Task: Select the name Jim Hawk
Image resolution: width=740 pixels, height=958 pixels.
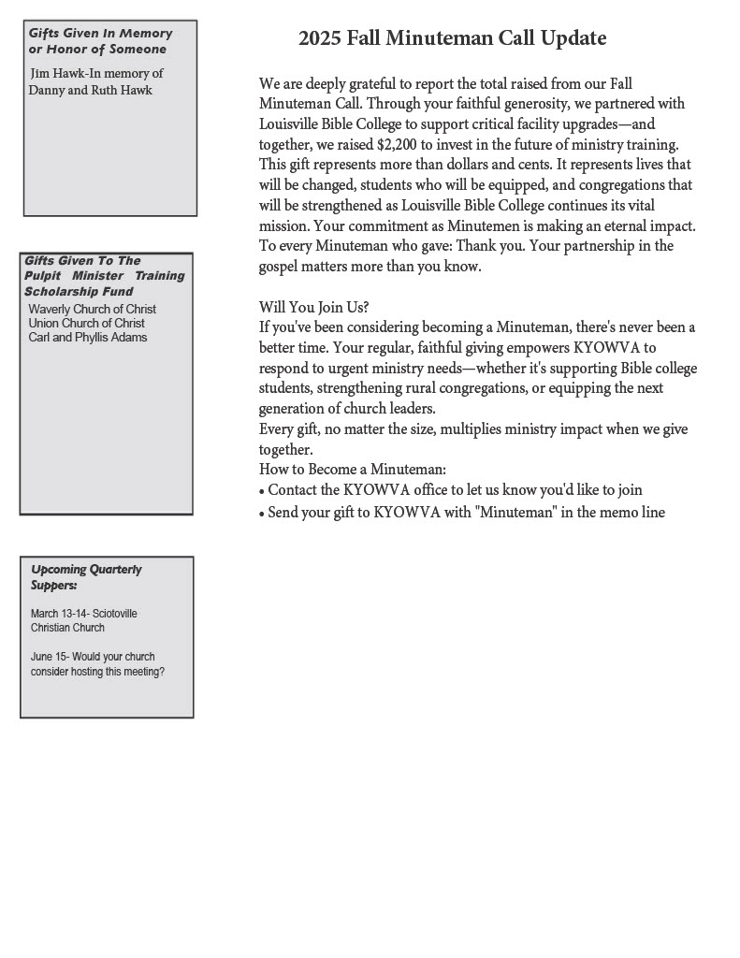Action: [57, 73]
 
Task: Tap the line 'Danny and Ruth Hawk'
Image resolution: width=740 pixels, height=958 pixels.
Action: [90, 91]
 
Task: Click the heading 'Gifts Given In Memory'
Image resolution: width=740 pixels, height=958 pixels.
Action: [100, 34]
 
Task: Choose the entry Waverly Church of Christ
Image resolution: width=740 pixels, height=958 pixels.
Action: [92, 309]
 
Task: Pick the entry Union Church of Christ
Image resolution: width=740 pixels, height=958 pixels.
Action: [86, 323]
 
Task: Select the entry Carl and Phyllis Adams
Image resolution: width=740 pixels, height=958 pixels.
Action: [87, 337]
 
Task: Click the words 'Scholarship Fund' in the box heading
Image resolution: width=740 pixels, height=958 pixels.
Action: [79, 291]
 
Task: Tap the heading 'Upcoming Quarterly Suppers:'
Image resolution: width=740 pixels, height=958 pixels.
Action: [86, 576]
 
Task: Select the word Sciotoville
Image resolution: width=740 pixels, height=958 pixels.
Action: [115, 614]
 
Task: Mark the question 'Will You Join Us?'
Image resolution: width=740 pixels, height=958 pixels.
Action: [313, 307]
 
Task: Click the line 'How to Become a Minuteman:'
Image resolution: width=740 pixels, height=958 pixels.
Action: [352, 470]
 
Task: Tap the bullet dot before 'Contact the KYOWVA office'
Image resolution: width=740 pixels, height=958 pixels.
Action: [262, 491]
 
